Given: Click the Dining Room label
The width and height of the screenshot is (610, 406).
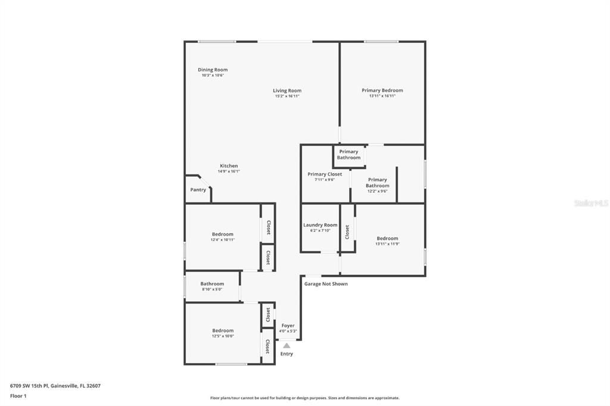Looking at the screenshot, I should (213, 70).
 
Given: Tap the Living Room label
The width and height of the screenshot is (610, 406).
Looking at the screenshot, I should (287, 90).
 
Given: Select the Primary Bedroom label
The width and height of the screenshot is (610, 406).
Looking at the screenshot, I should (382, 90).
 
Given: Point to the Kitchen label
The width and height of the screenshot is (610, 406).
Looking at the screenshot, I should (229, 166).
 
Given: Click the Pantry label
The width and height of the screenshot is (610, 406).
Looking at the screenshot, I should (198, 190).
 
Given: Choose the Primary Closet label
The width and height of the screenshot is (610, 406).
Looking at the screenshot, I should (325, 174).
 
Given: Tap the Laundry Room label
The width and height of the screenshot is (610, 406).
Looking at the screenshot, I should (320, 225).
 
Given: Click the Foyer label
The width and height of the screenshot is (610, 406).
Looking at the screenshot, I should (288, 326).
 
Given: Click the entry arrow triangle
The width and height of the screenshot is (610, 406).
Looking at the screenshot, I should (287, 345).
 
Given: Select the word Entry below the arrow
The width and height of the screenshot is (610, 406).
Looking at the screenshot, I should (287, 354).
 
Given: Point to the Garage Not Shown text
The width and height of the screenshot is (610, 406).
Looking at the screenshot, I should (326, 284).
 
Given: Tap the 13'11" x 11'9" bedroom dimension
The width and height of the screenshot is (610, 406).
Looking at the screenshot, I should (387, 243).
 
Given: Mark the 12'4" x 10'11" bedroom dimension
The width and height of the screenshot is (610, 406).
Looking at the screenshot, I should (223, 240).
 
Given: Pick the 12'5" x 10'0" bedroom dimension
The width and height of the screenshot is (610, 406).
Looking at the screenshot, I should (223, 336).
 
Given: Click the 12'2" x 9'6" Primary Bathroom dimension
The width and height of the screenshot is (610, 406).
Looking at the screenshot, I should (377, 191).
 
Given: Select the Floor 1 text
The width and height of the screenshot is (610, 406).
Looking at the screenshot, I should (18, 396).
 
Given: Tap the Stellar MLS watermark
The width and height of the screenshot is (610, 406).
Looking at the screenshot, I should (591, 203).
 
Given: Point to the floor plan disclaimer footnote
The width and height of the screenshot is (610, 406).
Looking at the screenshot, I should (304, 398).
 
